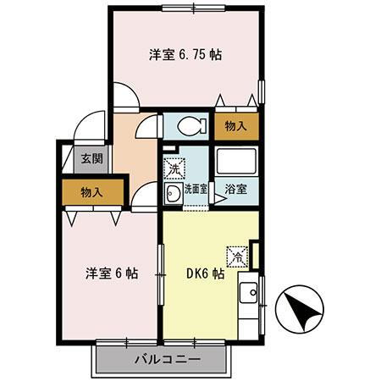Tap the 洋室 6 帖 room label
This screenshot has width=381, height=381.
pyautogui.click(x=111, y=274)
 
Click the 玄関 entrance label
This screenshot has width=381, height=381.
pyautogui.click(x=91, y=158)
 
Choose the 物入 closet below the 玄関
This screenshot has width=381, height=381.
pyautogui.click(x=91, y=192)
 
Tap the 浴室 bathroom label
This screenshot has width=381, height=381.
pyautogui.click(x=236, y=189)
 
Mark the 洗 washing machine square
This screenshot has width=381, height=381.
pyautogui.click(x=173, y=169)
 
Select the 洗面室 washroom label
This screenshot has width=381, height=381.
pyautogui.click(x=196, y=190)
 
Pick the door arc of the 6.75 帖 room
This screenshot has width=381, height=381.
pyautogui.click(x=125, y=96)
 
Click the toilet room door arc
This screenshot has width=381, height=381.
pyautogui.click(x=149, y=127)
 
